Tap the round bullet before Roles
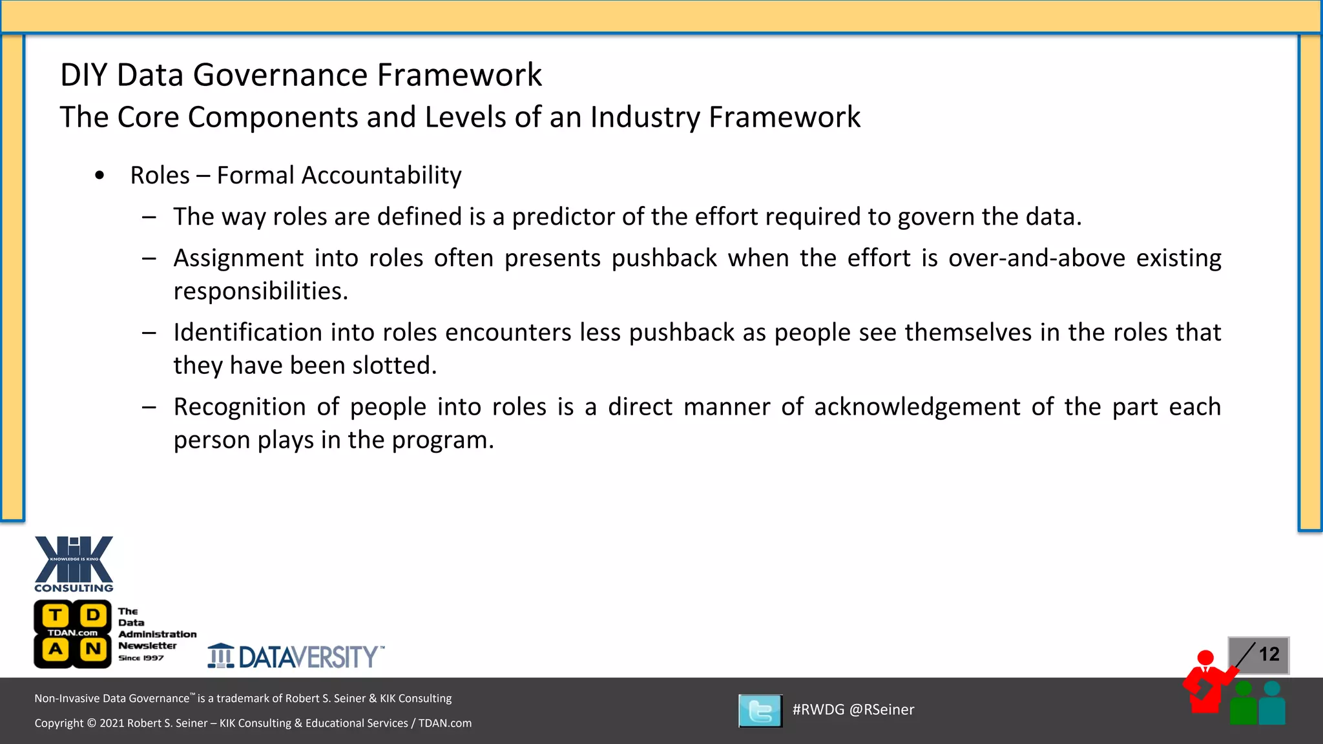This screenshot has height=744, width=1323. pyautogui.click(x=99, y=176)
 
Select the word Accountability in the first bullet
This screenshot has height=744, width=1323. pyautogui.click(x=381, y=176)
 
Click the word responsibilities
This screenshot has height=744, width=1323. pyautogui.click(x=260, y=291)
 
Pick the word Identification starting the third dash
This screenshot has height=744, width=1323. pyautogui.click(x=247, y=333)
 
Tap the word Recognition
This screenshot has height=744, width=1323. pyautogui.click(x=239, y=407)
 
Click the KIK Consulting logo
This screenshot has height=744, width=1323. pyautogui.click(x=74, y=564)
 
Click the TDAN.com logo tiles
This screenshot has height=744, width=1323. pyautogui.click(x=73, y=634)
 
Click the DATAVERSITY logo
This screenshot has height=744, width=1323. pyautogui.click(x=296, y=656)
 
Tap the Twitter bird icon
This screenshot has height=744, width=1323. pyautogui.click(x=760, y=711)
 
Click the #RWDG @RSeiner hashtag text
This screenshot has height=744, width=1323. pyautogui.click(x=853, y=710)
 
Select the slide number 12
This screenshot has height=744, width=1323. pyautogui.click(x=1269, y=654)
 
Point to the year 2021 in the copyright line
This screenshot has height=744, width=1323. pyautogui.click(x=112, y=723)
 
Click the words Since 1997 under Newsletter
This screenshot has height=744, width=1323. pyautogui.click(x=141, y=658)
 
